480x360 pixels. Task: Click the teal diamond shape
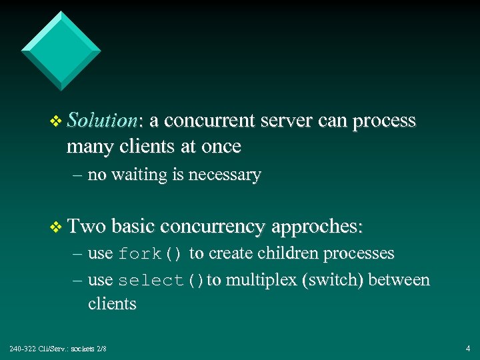click(61, 49)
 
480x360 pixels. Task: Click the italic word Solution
click(102, 121)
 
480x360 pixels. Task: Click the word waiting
click(139, 175)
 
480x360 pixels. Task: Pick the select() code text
click(161, 281)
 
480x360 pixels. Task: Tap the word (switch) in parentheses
click(333, 281)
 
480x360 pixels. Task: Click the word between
click(399, 281)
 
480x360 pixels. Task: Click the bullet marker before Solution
click(56, 121)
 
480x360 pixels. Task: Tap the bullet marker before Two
click(56, 227)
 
